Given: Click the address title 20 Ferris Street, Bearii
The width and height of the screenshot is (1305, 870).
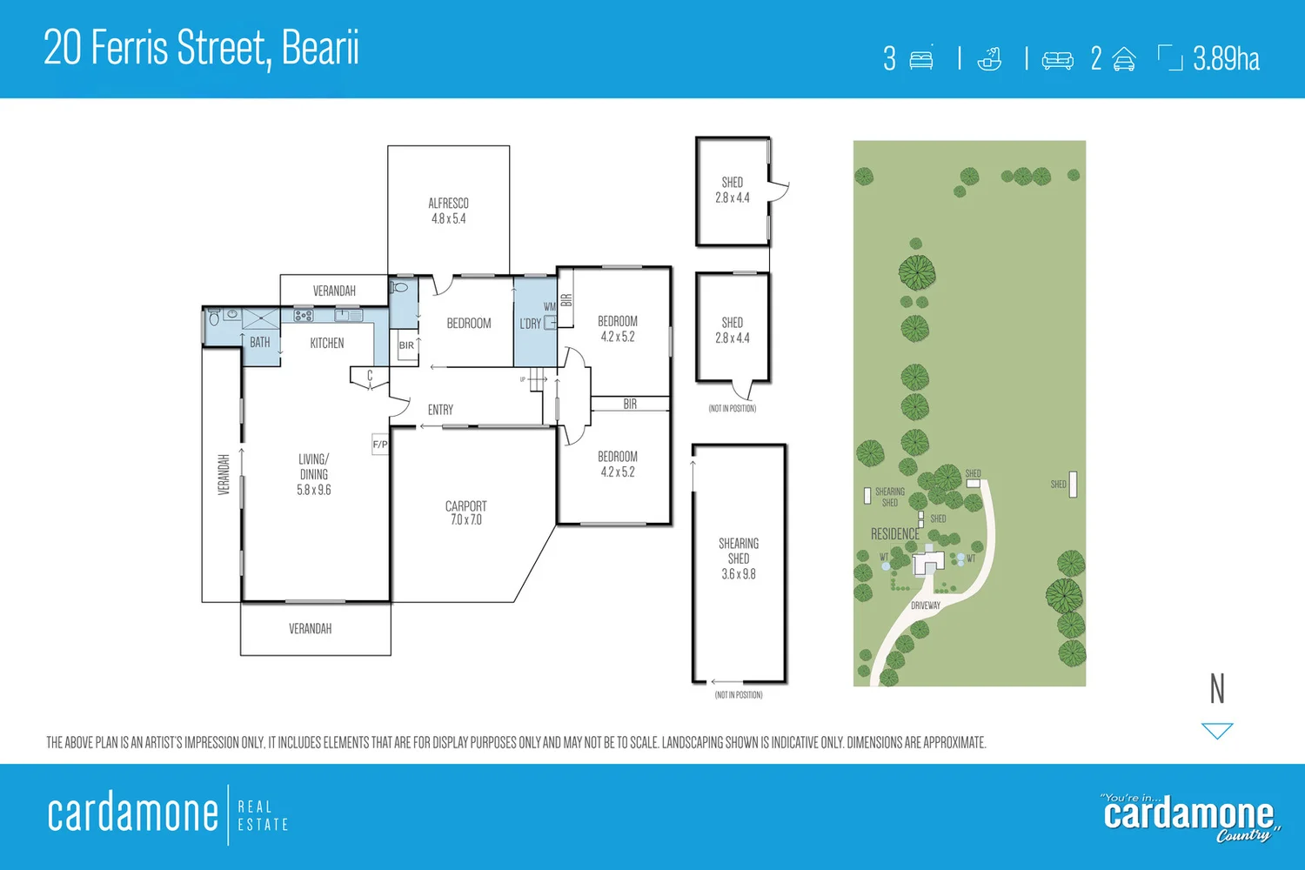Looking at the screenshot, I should pos(201,48).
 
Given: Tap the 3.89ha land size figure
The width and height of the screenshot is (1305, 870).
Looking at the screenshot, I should pos(1226,59).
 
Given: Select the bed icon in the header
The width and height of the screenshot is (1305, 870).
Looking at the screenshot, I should pos(920,59).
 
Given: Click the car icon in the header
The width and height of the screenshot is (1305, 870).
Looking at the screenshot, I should pos(1124,59).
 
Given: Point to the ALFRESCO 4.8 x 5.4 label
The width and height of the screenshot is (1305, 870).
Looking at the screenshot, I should pos(448,211).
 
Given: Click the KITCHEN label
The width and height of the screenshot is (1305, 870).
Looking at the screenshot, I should pos(327,344).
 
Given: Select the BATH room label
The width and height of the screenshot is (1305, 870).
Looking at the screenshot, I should pos(259,343).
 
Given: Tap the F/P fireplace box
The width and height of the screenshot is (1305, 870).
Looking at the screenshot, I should pos(380,445).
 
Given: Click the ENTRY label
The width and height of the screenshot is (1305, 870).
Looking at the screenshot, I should pos(440,410).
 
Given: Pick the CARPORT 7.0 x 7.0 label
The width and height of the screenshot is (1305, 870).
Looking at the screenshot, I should pos(465,512).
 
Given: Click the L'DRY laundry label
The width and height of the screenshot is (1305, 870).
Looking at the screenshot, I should pos(530,324).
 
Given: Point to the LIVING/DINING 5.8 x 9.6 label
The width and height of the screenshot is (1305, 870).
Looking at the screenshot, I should pos(314,474).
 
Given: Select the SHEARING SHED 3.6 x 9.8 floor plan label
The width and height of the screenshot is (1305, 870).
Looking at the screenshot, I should pos(739,559).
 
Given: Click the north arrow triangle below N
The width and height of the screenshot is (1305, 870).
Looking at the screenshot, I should pos(1217,730).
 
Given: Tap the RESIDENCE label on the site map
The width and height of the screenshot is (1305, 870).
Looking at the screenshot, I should pos(894,534).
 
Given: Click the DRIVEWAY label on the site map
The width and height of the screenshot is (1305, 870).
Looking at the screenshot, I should pos(926,606).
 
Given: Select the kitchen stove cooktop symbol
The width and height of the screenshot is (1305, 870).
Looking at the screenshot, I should pos(303,316).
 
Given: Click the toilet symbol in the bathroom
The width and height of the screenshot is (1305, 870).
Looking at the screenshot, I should pos(215,318).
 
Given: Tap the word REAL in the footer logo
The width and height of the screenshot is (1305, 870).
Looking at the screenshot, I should pos(255,807).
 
